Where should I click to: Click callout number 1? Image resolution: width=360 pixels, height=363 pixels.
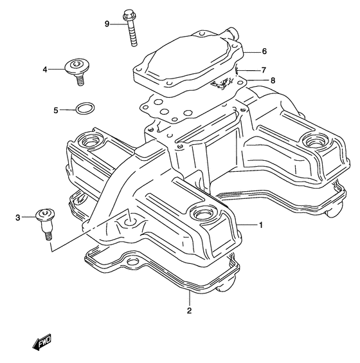click(261, 225)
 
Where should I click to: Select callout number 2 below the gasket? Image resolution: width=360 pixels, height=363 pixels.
click(189, 312)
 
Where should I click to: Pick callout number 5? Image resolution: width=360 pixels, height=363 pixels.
click(55, 111)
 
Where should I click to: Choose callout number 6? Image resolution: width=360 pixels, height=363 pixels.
click(264, 51)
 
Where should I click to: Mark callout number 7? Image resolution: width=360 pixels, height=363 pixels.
click(264, 70)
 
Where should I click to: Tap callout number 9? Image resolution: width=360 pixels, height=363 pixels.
click(108, 24)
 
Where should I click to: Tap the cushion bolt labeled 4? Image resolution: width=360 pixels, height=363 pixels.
click(77, 69)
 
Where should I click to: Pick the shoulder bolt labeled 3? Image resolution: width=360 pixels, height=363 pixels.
click(46, 221)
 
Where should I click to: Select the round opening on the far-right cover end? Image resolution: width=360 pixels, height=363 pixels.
click(315, 141)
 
